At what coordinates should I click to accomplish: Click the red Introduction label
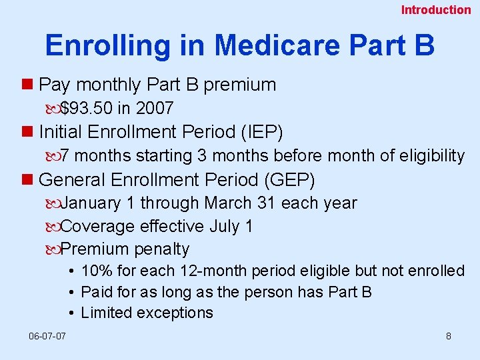435,9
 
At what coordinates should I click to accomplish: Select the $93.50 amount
87,108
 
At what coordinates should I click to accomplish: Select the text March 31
248,203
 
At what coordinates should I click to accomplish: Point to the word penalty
162,250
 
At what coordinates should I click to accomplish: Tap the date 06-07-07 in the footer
47,337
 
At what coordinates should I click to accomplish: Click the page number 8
449,337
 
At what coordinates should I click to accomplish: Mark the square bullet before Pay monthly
27,85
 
